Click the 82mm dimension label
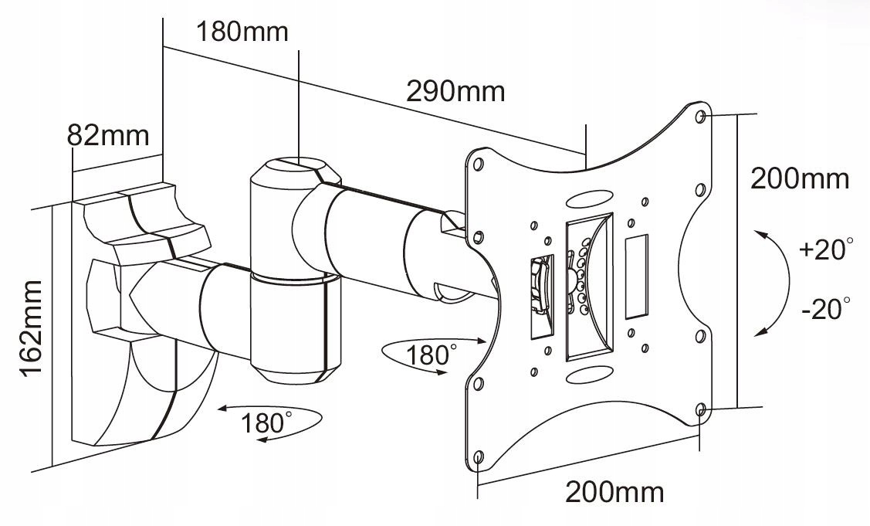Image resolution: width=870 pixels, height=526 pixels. (x=107, y=135)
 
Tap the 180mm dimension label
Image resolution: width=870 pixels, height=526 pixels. (x=242, y=32)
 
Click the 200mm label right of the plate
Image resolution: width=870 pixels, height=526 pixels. (x=800, y=179)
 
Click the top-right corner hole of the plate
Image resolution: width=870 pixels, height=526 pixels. (x=700, y=116)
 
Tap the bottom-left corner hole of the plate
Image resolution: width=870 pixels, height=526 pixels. (x=478, y=456)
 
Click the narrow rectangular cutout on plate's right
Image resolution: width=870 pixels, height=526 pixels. (x=636, y=278)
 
